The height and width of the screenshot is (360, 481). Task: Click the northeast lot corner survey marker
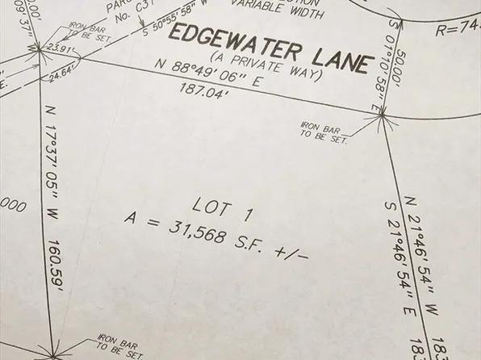(x=381, y=119)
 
